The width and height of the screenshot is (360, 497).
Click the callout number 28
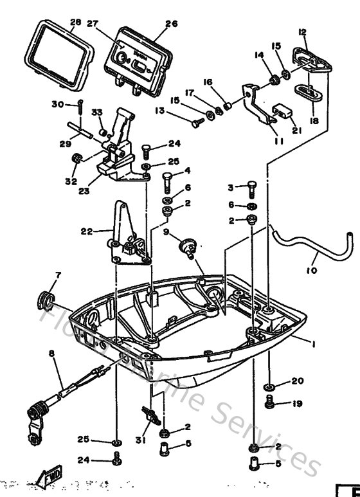75,23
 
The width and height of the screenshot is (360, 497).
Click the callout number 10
311,271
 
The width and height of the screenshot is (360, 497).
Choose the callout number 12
302,32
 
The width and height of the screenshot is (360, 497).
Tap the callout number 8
52,353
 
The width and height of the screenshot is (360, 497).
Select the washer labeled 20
269,389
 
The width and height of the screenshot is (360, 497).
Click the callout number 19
296,404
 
